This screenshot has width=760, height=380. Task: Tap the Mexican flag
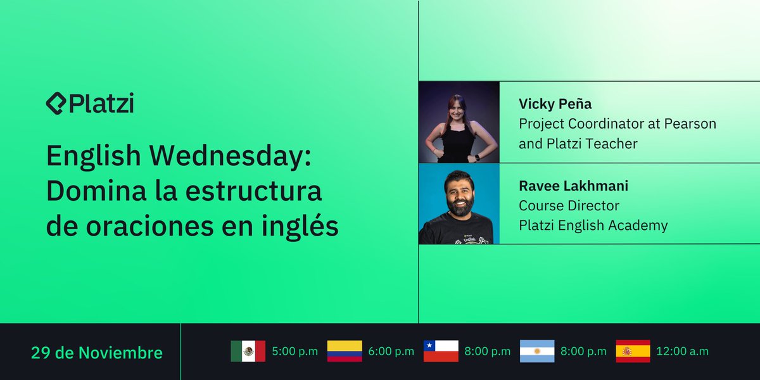tap(247, 351)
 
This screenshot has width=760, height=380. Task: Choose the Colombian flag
tap(345, 351)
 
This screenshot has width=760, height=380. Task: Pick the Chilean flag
tap(441, 351)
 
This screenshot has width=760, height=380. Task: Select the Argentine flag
tap(537, 351)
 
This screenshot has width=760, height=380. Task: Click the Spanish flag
tap(633, 351)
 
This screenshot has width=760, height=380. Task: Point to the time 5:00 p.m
tap(294, 351)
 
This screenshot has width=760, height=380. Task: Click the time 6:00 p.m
tap(391, 351)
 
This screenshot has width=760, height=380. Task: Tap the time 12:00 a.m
tap(682, 351)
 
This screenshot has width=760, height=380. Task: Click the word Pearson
tap(690, 123)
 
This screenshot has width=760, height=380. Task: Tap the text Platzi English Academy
tap(593, 225)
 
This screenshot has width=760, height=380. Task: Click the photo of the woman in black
tap(459, 122)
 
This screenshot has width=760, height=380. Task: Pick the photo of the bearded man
tap(459, 204)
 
